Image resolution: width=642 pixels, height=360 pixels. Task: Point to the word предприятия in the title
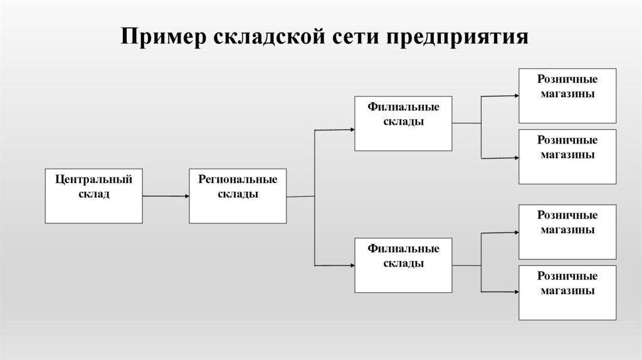click(x=457, y=37)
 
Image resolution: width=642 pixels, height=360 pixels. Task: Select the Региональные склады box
click(x=238, y=196)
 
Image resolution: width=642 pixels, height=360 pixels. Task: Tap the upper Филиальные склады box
click(x=403, y=124)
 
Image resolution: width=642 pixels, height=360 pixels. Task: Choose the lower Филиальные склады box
click(x=403, y=265)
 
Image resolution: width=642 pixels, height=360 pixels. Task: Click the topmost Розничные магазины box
click(x=567, y=95)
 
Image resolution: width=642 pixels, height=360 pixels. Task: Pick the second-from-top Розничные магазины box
click(x=567, y=157)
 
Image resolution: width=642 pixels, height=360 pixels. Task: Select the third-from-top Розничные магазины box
click(x=567, y=232)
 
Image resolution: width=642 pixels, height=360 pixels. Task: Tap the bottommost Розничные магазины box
click(x=567, y=293)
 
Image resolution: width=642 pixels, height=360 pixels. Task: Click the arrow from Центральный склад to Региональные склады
click(x=166, y=196)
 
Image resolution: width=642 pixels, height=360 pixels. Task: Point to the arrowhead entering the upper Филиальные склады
click(x=351, y=129)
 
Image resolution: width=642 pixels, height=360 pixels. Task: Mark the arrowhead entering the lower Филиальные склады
click(x=351, y=265)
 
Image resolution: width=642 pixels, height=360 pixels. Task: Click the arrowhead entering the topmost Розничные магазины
click(x=515, y=95)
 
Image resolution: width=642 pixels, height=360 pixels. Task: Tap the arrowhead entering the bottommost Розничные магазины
click(x=515, y=291)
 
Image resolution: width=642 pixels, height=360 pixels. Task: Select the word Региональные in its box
click(x=238, y=180)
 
